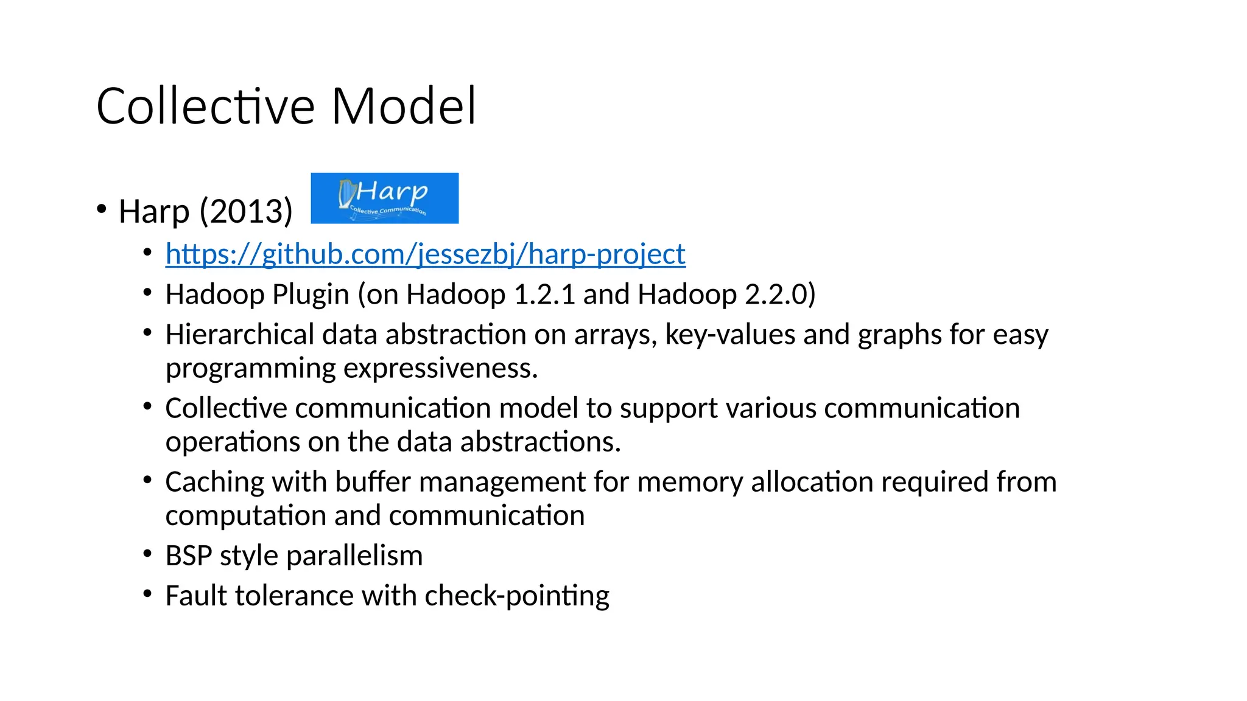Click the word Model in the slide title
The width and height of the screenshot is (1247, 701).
click(x=404, y=106)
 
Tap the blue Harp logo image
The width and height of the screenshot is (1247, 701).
click(x=384, y=198)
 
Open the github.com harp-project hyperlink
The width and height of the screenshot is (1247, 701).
click(x=425, y=254)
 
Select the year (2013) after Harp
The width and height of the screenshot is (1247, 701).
click(x=246, y=212)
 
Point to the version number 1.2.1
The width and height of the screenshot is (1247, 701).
click(x=544, y=295)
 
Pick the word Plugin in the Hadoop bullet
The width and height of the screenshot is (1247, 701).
click(x=311, y=295)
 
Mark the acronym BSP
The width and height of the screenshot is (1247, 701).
click(x=188, y=556)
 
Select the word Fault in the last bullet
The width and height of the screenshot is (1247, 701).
click(x=196, y=596)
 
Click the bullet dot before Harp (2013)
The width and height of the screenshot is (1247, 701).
click(x=102, y=209)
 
